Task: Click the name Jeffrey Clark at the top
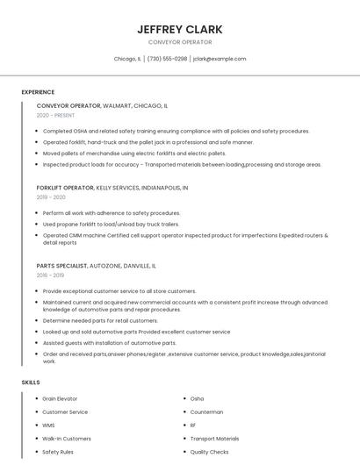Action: coord(180,29)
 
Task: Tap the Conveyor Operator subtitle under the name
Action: coord(180,42)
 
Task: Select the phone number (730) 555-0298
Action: coord(167,59)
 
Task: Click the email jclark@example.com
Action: coord(220,59)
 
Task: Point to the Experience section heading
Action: coord(38,92)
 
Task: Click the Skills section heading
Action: coord(31,383)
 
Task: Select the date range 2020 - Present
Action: coord(55,115)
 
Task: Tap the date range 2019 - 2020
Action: coord(51,197)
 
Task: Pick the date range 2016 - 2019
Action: coord(50,275)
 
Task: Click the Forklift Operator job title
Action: coord(66,188)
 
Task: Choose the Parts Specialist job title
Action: coord(61,265)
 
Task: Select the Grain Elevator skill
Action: coord(60,399)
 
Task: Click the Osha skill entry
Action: coord(197,399)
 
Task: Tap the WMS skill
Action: coord(48,426)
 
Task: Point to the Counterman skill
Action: coord(206,412)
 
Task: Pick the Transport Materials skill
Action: coord(214,439)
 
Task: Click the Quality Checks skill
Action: coord(209,452)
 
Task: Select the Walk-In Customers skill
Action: coord(67,439)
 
